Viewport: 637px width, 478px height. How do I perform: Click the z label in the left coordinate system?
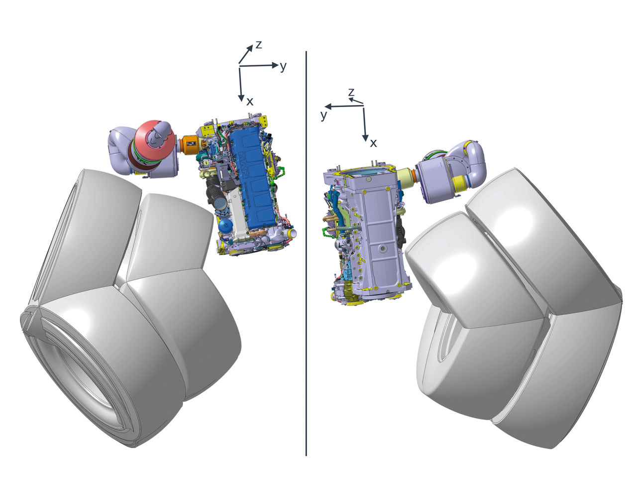coord(258,45)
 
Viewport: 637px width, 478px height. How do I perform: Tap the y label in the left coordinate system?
coord(283,67)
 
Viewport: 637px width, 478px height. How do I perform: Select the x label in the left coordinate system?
coord(250,102)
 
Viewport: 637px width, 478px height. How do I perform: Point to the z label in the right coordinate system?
coord(351,92)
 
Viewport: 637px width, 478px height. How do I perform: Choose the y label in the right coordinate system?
coord(324,115)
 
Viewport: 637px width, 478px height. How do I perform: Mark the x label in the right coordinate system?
coord(373,143)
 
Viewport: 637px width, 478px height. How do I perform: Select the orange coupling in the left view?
coord(189,144)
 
